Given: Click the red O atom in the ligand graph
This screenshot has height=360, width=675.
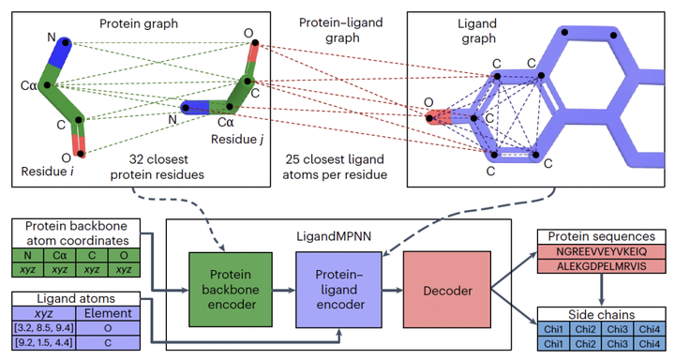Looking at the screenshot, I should [438, 118].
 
